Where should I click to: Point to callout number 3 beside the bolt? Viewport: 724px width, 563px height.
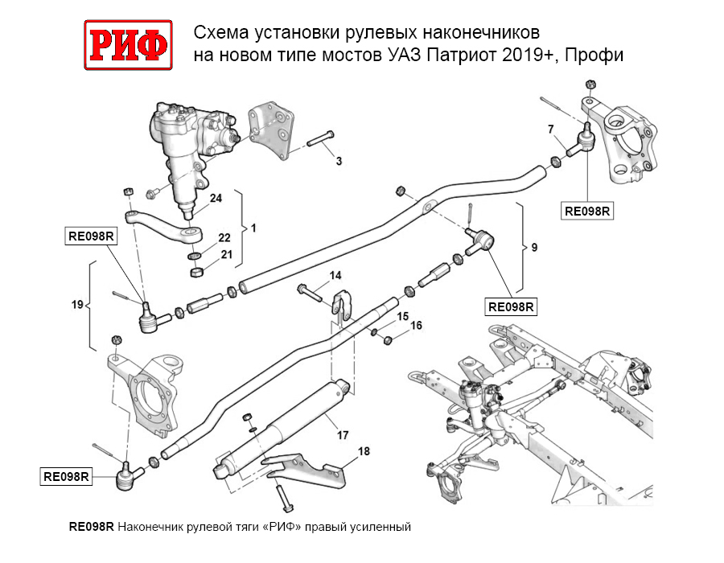coord(339,162)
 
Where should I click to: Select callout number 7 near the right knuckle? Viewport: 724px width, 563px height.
coord(550,129)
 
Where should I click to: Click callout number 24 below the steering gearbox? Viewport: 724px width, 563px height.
coord(216,199)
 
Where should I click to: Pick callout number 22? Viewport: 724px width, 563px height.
coord(224,238)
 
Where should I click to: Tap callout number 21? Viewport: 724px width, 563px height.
coord(226,255)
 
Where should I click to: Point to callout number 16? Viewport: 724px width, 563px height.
coord(416,326)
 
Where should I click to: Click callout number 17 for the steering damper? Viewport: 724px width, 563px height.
coord(342,435)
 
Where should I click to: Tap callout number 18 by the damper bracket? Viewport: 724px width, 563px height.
coord(364,452)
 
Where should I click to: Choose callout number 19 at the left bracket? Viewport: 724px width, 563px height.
coord(77,305)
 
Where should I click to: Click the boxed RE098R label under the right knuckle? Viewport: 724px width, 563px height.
coord(588,212)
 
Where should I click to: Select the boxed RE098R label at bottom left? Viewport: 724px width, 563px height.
coord(65,477)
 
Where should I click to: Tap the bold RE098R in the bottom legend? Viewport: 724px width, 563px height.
coord(92,528)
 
